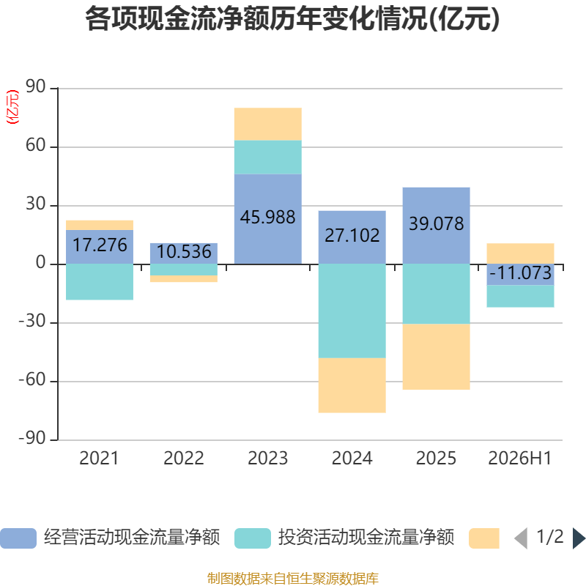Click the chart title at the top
(292, 19)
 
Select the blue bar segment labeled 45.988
(268, 219)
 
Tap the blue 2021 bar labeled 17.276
(100, 247)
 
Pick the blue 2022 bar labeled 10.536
(184, 253)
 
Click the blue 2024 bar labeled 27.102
(352, 237)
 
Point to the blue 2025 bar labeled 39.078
(436, 226)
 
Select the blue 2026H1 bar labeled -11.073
(520, 275)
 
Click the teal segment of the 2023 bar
(268, 157)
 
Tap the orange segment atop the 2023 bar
(268, 124)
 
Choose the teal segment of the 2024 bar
(352, 311)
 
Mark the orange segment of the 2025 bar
(436, 357)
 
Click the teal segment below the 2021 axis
(100, 282)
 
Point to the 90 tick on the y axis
(35, 86)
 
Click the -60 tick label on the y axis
(32, 379)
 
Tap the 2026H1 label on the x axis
(520, 459)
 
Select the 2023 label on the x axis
(268, 459)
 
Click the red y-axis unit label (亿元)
(12, 107)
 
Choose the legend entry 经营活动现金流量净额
(111, 538)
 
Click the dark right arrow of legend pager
(579, 538)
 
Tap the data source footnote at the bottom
(293, 578)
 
